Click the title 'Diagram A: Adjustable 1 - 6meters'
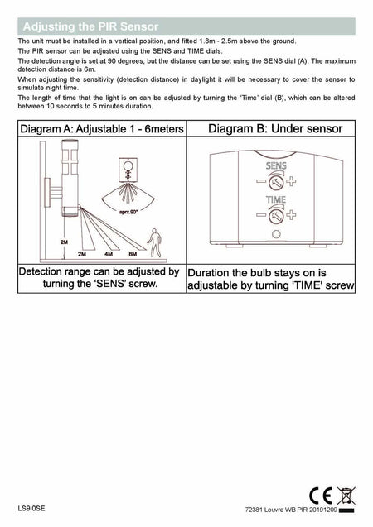coord(101,129)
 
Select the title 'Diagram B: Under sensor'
coord(271,129)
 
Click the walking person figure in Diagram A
coord(154,242)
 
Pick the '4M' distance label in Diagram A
coord(109,254)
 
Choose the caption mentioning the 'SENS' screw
coord(99,278)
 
